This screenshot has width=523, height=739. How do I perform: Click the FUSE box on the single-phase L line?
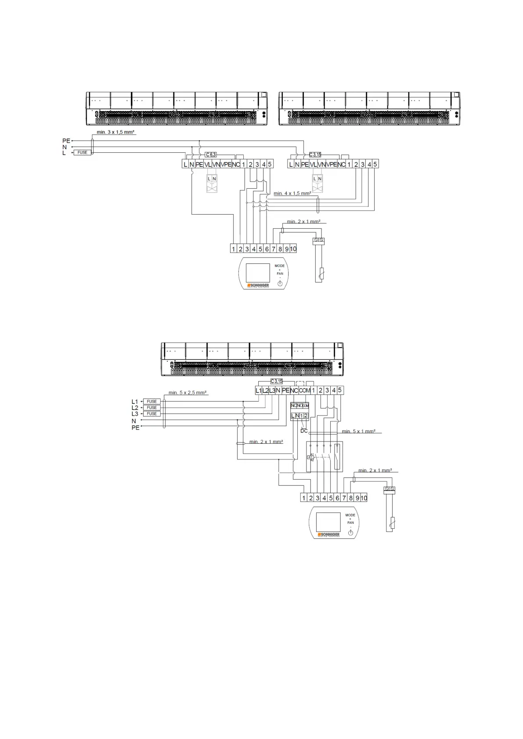pyautogui.click(x=83, y=152)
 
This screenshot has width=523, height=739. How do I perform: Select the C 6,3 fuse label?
pyautogui.click(x=211, y=154)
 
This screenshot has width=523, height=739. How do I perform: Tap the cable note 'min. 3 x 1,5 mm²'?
pyautogui.click(x=115, y=132)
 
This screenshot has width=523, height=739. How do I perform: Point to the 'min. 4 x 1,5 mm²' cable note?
pyautogui.click(x=292, y=193)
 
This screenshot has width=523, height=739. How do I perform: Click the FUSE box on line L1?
pyautogui.click(x=152, y=402)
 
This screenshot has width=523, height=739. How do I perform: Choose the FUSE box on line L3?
pyautogui.click(x=152, y=414)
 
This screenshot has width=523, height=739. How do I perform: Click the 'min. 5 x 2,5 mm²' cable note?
pyautogui.click(x=188, y=393)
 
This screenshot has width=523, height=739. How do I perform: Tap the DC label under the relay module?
pyautogui.click(x=304, y=431)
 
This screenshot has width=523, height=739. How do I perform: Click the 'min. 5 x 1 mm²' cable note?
pyautogui.click(x=358, y=431)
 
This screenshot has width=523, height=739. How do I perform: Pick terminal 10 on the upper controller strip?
pyautogui.click(x=293, y=249)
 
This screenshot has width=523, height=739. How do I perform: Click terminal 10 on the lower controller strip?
pyautogui.click(x=364, y=498)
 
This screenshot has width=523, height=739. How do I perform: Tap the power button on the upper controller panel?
pyautogui.click(x=280, y=283)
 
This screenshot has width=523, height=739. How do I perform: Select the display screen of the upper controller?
pyautogui.click(x=258, y=273)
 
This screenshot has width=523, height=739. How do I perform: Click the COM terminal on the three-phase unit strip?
pyautogui.click(x=305, y=390)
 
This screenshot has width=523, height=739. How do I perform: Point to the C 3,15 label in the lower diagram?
pyautogui.click(x=277, y=381)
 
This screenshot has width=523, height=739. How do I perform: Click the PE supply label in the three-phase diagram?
pyautogui.click(x=135, y=427)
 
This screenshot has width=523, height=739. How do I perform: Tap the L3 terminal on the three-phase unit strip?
pyautogui.click(x=272, y=390)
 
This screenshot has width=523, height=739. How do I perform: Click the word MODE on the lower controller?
pyautogui.click(x=350, y=515)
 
